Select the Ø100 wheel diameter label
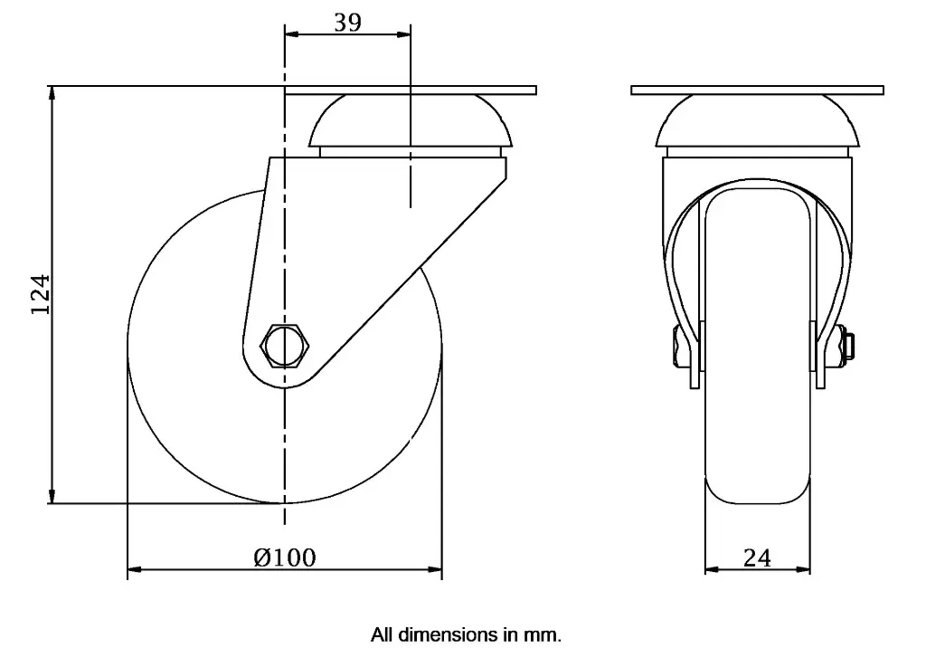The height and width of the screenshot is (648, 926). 285,557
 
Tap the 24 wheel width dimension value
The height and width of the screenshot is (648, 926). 757,557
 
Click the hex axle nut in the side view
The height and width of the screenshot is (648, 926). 285,346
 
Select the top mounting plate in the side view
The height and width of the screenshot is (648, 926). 411,91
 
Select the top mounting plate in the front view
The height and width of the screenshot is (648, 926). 757,91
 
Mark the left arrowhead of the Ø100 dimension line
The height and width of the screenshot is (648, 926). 134,570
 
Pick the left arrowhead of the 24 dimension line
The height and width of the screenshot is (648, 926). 711,570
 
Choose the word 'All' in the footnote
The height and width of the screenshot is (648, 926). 382,634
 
